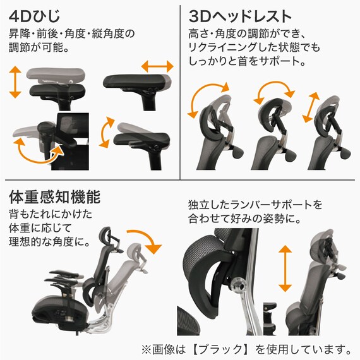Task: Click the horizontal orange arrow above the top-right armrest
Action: click(x=156, y=66)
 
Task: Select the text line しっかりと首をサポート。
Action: click(x=247, y=63)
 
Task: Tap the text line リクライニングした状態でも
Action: click(x=253, y=48)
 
